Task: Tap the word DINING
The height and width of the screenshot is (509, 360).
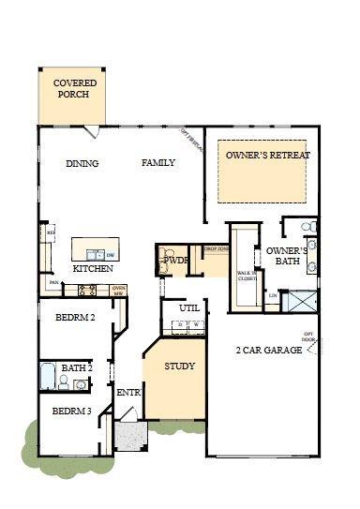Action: (x=82, y=163)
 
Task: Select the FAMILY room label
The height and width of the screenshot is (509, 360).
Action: (x=158, y=163)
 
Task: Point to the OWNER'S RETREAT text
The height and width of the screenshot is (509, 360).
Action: (x=268, y=155)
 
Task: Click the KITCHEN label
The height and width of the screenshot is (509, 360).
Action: (x=94, y=269)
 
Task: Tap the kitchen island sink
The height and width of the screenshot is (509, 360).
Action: (x=96, y=254)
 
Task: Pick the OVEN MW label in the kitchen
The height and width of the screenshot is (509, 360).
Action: (x=118, y=291)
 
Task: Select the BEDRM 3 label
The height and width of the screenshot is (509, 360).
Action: (x=70, y=412)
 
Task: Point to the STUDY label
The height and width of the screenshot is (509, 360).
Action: (x=179, y=366)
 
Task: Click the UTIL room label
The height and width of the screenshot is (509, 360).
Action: (x=189, y=307)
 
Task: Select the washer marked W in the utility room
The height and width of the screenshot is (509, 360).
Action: (x=197, y=325)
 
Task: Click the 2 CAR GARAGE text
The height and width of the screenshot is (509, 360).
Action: (x=268, y=350)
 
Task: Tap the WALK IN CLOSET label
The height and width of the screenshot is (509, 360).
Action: (x=247, y=276)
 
